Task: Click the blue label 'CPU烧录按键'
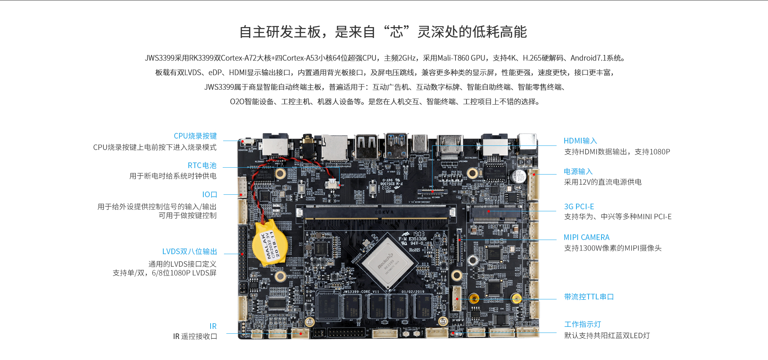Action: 195,136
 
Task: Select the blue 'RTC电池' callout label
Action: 202,166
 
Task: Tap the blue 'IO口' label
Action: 209,195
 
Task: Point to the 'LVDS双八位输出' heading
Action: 190,252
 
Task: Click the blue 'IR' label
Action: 213,326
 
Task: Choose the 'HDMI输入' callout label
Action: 580,141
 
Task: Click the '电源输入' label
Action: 578,172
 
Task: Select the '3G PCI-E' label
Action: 579,207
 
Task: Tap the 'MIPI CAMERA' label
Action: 587,238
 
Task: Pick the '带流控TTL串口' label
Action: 589,297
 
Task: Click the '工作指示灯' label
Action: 582,324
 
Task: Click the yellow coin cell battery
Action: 270,243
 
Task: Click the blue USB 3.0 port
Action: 397,146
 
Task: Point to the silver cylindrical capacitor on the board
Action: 519,177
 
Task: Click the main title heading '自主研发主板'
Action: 280,32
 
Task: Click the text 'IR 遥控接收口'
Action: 195,337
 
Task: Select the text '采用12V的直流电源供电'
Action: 603,182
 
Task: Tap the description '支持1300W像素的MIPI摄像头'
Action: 613,248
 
